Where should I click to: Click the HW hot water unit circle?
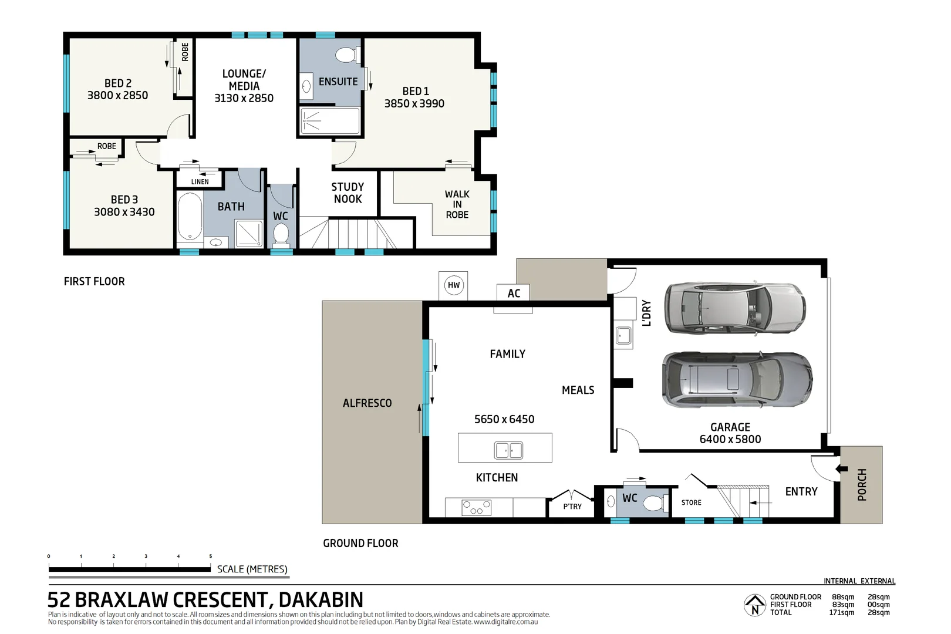453,285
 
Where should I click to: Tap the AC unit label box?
513,292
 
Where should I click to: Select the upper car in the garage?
735,308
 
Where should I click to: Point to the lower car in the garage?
737,379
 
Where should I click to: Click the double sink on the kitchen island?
508,450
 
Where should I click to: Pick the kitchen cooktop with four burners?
476,507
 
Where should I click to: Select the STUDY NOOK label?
348,193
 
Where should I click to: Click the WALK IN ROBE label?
457,204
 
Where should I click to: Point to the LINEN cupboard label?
200,182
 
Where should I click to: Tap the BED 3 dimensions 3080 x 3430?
124,212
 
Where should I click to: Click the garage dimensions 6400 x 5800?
730,439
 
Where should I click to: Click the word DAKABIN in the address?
321,599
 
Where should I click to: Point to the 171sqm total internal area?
841,612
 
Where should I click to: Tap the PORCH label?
862,484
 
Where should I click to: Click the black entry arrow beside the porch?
841,469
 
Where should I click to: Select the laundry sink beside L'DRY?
623,335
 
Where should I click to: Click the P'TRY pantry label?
572,506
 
